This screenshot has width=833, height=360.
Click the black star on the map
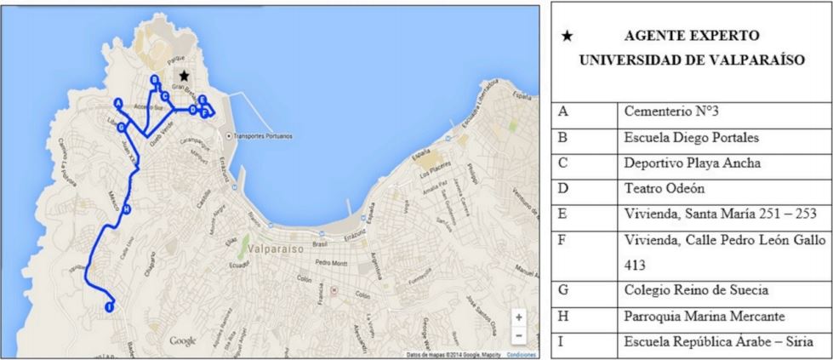(x=184, y=76)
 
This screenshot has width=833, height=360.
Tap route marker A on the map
(x=117, y=102)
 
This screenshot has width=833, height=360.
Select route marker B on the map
(x=154, y=79)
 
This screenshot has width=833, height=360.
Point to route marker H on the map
(x=126, y=209)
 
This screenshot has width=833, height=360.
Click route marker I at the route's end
(x=109, y=306)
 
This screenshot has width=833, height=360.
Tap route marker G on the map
(x=123, y=127)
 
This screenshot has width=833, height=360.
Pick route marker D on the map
(x=193, y=110)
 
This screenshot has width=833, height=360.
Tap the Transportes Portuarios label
(x=262, y=136)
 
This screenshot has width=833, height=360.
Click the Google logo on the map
(x=183, y=341)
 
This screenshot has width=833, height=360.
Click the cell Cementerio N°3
(x=668, y=112)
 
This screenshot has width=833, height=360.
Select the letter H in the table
(x=562, y=317)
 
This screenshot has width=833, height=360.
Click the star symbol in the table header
(x=568, y=36)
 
